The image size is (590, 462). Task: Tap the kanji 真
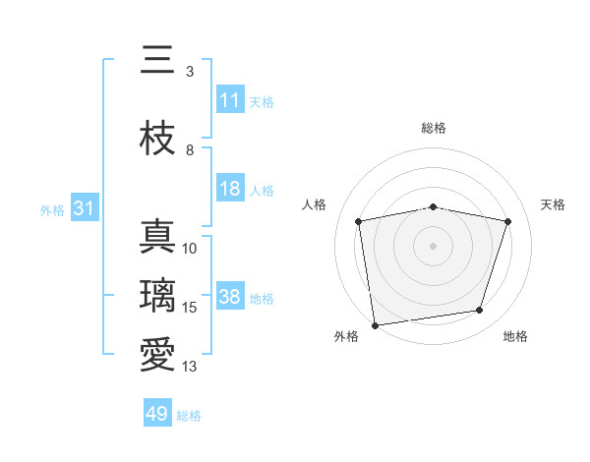(157, 237)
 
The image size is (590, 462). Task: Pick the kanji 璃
(157, 294)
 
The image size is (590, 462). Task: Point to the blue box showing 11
(229, 100)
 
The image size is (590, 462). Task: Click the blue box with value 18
(229, 189)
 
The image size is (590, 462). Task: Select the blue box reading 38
(229, 298)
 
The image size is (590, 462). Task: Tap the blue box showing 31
(84, 208)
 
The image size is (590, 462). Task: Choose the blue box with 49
(157, 414)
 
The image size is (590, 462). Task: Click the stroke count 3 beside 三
(189, 72)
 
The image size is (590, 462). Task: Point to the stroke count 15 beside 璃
(190, 308)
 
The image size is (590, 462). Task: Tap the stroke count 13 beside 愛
(190, 367)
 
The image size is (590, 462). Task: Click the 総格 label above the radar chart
(434, 128)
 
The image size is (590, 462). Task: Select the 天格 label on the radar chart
(553, 204)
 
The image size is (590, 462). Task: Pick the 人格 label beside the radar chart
(314, 204)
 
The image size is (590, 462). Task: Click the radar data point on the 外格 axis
(375, 324)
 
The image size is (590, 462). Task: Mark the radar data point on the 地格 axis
(480, 311)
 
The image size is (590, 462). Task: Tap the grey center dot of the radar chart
(434, 245)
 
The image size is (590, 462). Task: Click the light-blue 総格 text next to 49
(189, 416)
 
